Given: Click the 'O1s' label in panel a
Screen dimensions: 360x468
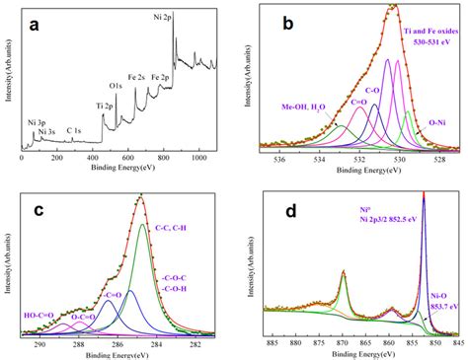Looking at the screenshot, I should pyautogui.click(x=117, y=88).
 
